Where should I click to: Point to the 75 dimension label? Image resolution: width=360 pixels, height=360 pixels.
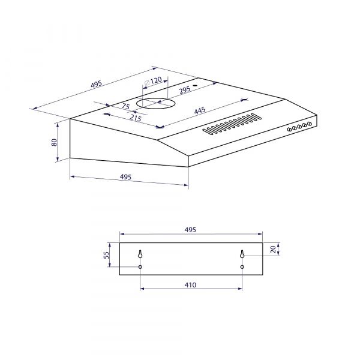(x=125, y=107)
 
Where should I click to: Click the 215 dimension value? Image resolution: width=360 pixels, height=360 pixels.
(x=135, y=119)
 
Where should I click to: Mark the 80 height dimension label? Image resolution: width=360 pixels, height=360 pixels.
(x=53, y=142)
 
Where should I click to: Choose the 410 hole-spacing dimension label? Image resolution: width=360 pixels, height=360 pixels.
(x=191, y=284)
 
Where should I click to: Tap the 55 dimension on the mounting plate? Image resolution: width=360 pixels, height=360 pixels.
(x=107, y=255)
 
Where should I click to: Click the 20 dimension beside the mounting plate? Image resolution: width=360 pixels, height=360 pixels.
(x=273, y=250)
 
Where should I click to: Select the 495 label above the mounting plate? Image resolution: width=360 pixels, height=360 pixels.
(x=191, y=230)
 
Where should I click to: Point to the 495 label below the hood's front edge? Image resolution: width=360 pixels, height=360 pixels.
(x=125, y=177)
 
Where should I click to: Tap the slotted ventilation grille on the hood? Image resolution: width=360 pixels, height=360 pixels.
(x=232, y=124)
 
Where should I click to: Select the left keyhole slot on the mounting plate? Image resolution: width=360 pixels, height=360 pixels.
(x=140, y=254)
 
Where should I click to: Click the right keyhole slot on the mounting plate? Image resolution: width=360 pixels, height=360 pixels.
(x=242, y=254)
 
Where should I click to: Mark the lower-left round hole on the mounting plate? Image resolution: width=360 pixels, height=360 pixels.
(x=140, y=266)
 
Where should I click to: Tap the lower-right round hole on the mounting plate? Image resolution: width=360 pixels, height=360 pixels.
(x=242, y=266)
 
